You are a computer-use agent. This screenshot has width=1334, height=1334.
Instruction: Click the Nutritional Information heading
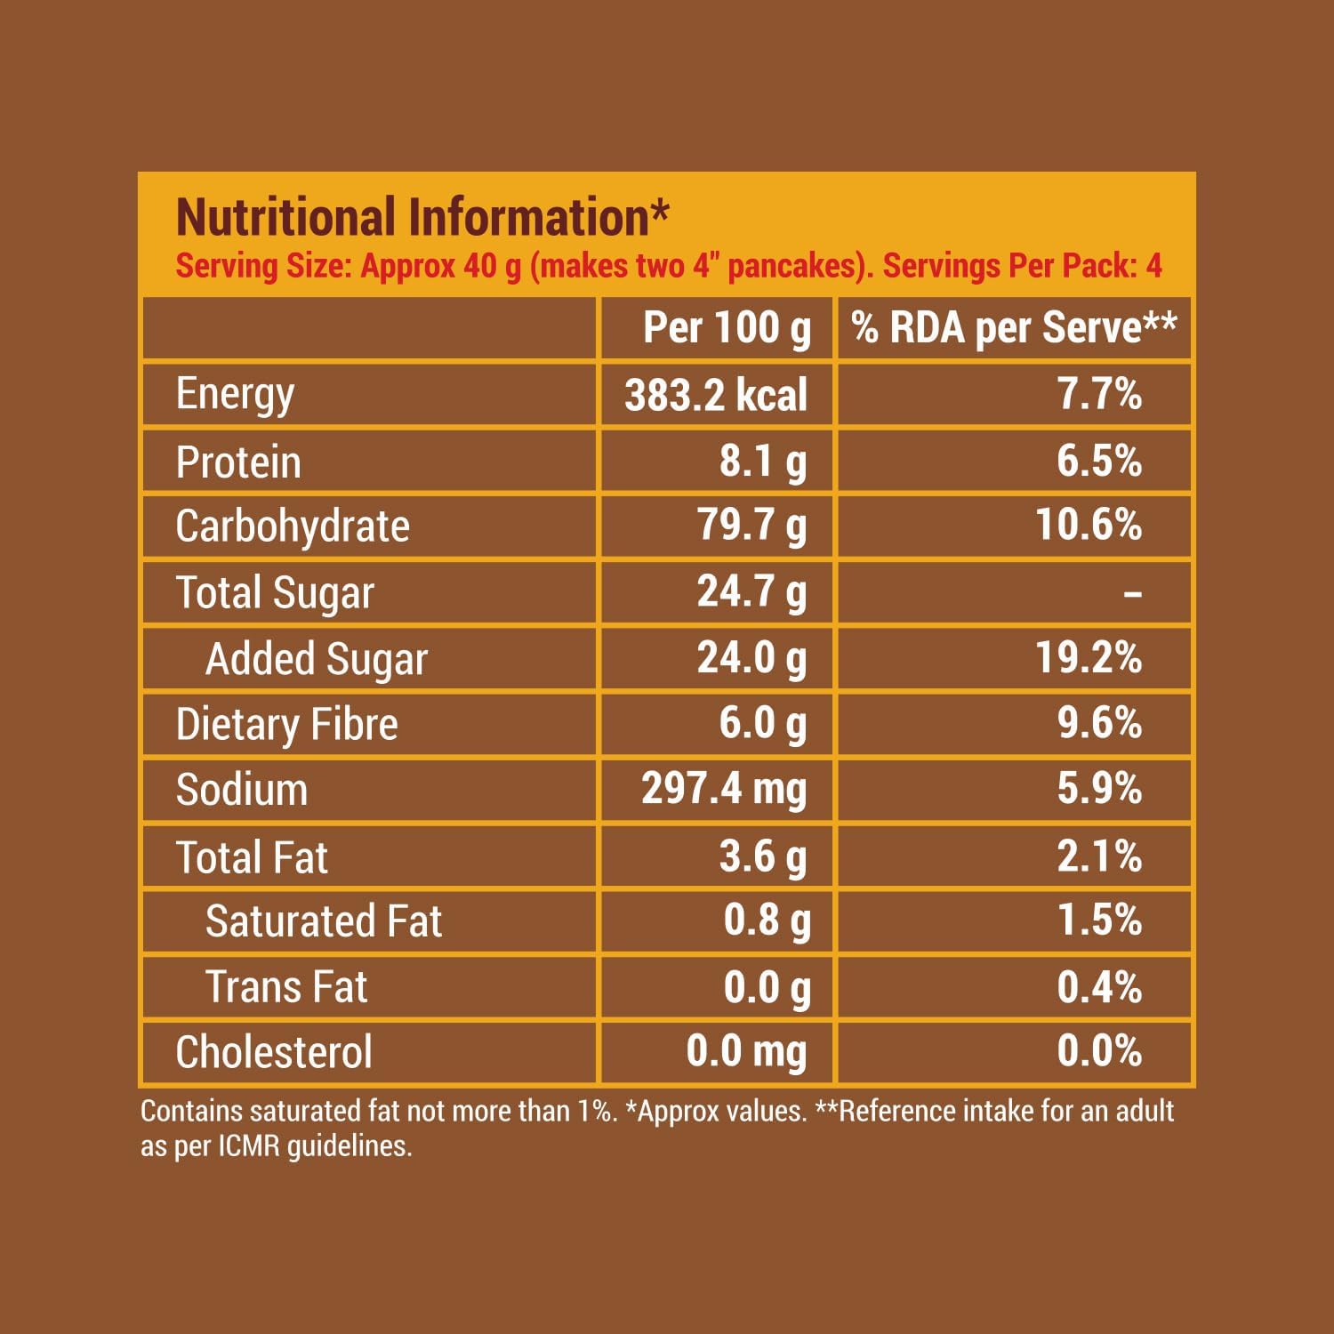(x=422, y=218)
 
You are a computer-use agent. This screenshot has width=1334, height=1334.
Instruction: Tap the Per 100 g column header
(x=727, y=328)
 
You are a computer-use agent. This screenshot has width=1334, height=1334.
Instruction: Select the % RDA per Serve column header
(x=1014, y=328)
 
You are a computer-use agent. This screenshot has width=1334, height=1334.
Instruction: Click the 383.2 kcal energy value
(x=716, y=395)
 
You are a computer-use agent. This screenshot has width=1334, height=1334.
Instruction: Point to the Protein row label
(x=238, y=462)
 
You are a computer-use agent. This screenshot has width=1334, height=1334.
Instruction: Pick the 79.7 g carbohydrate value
(x=751, y=525)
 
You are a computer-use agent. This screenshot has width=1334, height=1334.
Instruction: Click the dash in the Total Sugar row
(x=1132, y=593)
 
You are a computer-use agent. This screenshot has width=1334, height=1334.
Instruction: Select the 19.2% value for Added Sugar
(x=1089, y=657)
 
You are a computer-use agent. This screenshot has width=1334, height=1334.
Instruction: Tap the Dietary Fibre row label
(x=286, y=724)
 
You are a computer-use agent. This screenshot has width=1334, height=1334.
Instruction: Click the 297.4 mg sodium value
(x=724, y=789)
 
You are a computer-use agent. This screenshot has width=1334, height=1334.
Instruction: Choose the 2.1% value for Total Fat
(x=1099, y=856)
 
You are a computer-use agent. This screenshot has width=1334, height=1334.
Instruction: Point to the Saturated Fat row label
(x=324, y=921)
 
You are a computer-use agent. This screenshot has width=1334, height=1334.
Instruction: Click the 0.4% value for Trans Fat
(x=1099, y=987)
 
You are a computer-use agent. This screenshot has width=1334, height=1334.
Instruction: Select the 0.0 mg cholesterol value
(x=746, y=1052)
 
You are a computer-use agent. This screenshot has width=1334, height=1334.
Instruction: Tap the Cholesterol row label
(x=274, y=1053)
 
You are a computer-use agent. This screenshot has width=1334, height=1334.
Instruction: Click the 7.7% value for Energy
(x=1099, y=394)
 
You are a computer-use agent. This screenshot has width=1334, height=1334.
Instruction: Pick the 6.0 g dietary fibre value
(x=762, y=723)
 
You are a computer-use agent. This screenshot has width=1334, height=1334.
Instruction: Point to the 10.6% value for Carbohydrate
(x=1089, y=525)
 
